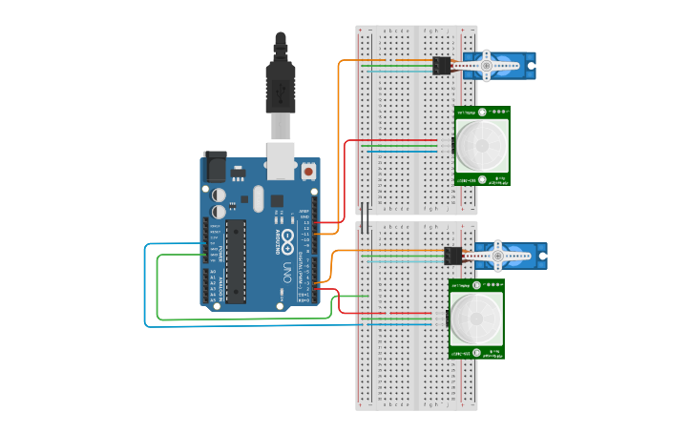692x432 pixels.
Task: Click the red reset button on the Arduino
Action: [308, 173]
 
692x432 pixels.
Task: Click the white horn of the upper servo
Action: [497, 66]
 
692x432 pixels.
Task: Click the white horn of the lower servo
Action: [506, 255]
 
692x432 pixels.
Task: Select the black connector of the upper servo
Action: [442, 66]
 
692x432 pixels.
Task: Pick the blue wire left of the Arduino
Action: [145, 286]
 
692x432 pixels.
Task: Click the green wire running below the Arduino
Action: [239, 319]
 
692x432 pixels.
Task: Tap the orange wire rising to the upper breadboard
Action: [340, 143]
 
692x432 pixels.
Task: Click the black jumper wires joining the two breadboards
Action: [365, 215]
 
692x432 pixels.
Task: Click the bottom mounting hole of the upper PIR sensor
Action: [483, 178]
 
